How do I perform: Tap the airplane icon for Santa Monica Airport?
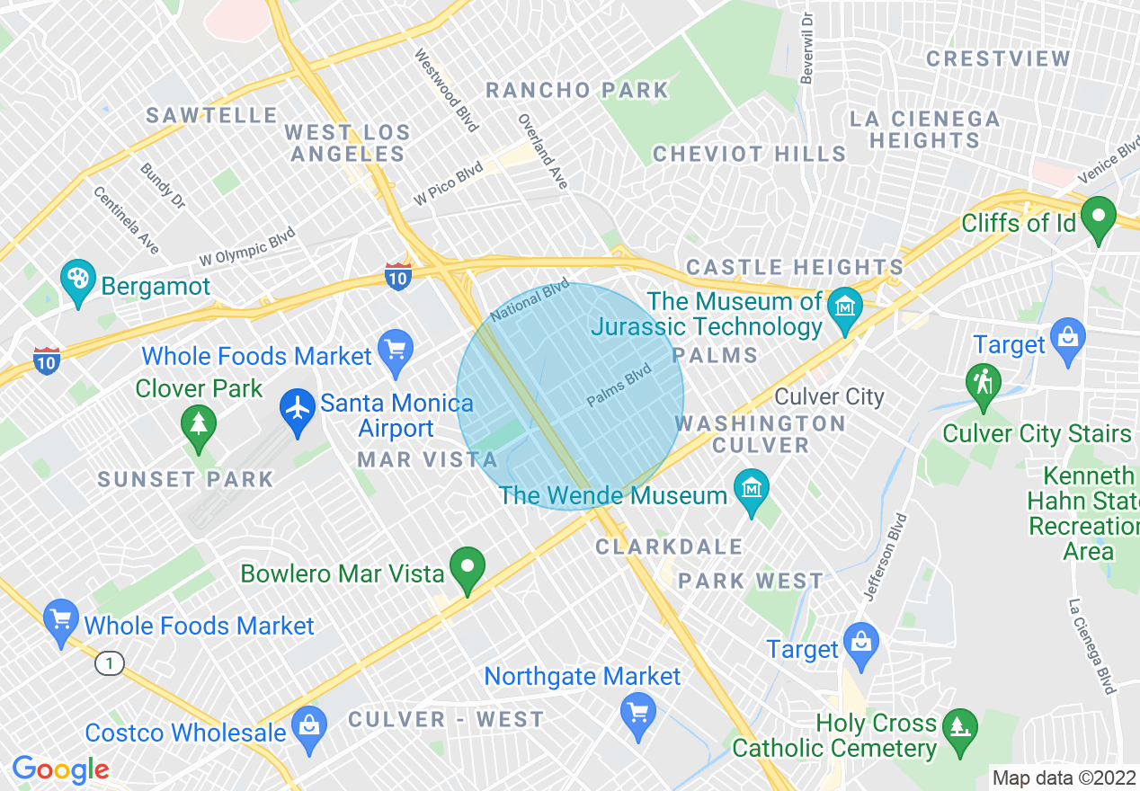297,411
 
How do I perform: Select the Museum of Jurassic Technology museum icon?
844,307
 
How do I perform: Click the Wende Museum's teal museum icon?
751,490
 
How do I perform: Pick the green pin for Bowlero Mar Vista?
468,568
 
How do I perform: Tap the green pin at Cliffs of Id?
1098,218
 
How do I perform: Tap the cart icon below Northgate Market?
637,715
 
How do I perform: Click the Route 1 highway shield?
109,664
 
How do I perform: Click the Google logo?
60,769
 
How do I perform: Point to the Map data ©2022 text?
1064,777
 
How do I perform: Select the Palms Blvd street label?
619,386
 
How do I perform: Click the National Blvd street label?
530,300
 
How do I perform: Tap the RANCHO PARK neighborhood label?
577,91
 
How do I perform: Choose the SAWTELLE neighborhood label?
212,116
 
